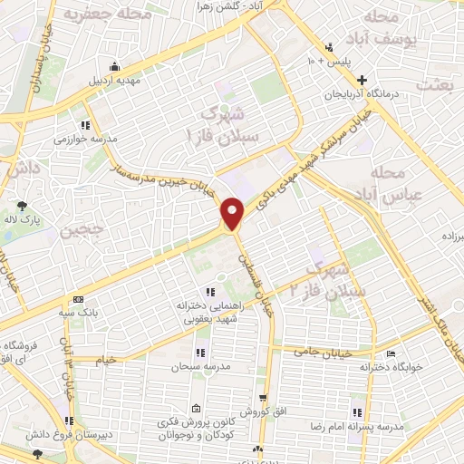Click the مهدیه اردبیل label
tap(113, 79)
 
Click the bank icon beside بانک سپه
tap(78, 300)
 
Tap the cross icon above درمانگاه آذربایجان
tap(362, 80)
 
